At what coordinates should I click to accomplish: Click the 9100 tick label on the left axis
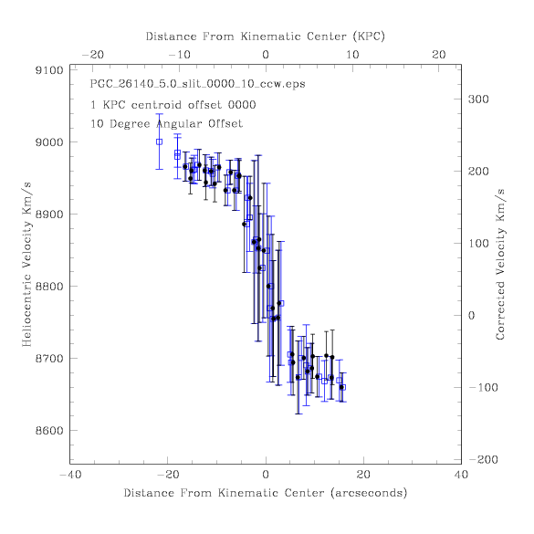49,70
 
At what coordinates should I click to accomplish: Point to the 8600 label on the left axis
49,431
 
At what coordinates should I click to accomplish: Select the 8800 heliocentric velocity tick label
49,287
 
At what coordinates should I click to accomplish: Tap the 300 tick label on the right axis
478,99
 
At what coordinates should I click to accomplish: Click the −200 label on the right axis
483,459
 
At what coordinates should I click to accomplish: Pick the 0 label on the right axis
471,315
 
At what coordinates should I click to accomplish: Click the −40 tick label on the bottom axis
70,475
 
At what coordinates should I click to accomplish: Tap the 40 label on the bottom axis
462,475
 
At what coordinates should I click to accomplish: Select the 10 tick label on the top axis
352,55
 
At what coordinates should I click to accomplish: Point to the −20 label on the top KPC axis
93,55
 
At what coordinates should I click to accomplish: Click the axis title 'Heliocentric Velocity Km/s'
26,265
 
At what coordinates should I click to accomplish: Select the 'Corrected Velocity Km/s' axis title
500,265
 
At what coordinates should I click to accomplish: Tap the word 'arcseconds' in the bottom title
369,493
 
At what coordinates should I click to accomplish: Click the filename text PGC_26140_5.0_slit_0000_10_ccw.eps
197,84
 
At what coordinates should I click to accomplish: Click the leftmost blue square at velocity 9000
159,141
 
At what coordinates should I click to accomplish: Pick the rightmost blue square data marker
343,387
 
